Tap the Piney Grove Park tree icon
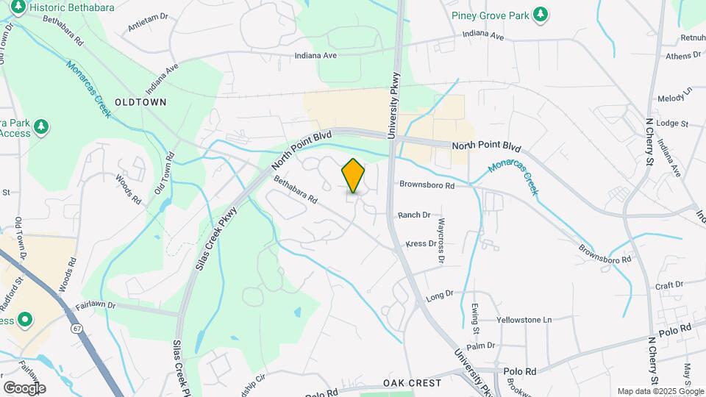pos(541,13)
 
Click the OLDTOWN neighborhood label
pos(140,102)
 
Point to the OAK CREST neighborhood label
pos(412,383)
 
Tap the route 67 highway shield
pos(77,329)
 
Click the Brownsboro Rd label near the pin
pos(427,186)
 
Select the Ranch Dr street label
pos(413,215)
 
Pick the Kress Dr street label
pos(421,243)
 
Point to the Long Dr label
pos(440,297)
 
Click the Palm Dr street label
pos(481,346)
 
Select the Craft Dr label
pos(670,284)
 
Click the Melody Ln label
pos(675,96)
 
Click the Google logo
pos(24,387)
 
